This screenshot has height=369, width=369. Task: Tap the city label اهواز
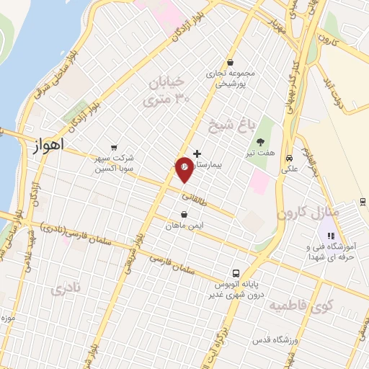click(48, 144)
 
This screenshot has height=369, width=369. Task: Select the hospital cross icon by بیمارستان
click(197, 154)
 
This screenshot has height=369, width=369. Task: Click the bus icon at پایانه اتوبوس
click(236, 273)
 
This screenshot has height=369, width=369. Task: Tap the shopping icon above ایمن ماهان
click(184, 214)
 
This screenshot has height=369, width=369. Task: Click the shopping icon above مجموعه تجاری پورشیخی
click(229, 62)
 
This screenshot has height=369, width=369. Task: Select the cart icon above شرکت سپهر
click(113, 146)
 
